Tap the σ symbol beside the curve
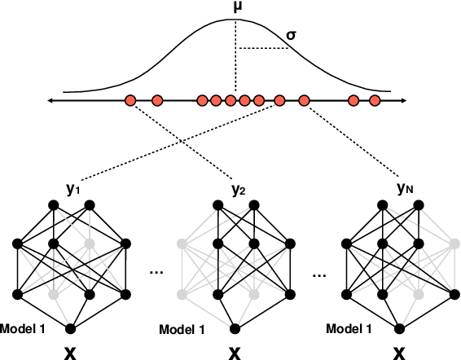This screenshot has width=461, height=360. pyautogui.click(x=290, y=37)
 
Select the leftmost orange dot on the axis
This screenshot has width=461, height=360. pyautogui.click(x=130, y=101)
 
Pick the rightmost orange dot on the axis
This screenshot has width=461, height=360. pyautogui.click(x=375, y=101)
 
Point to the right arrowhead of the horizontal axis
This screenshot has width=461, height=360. pyautogui.click(x=404, y=101)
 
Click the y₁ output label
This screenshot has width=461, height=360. pyautogui.click(x=74, y=188)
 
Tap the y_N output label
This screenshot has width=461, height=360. pyautogui.click(x=405, y=188)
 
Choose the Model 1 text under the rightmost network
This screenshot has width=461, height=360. pyautogui.click(x=350, y=329)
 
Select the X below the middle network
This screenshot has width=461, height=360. pyautogui.click(x=235, y=352)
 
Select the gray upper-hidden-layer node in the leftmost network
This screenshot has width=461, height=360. pyautogui.click(x=89, y=243)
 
